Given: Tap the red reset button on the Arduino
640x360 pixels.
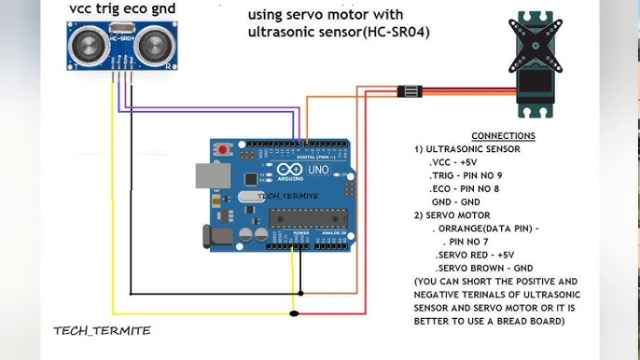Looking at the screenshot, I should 224,149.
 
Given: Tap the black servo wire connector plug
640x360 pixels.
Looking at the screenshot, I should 409,91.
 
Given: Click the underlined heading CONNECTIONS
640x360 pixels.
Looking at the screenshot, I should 503,136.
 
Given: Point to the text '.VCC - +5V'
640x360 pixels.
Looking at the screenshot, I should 453,162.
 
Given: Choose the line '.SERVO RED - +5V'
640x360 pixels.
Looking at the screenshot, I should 481,255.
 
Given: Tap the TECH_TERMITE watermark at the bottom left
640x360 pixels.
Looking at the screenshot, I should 102,330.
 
